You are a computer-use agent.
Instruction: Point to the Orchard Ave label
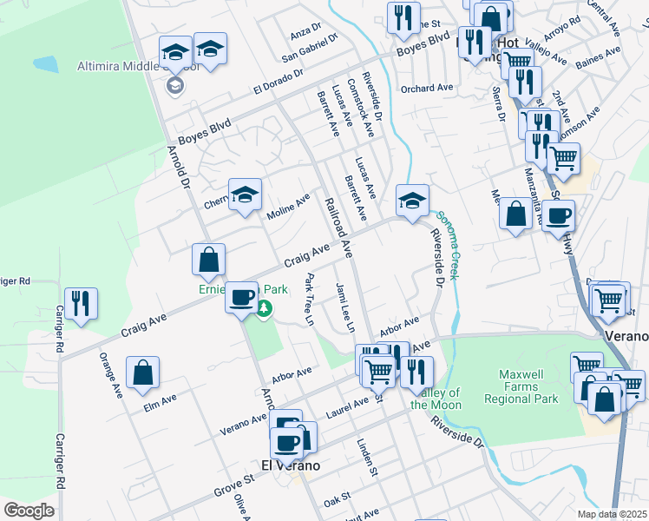pyautogui.click(x=427, y=88)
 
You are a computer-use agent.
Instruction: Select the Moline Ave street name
pyautogui.click(x=289, y=206)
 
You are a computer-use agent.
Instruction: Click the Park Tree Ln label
pyautogui.click(x=308, y=300)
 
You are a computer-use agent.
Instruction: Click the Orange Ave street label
pyautogui.click(x=112, y=374)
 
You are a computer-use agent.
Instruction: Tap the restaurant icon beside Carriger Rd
pyautogui.click(x=81, y=304)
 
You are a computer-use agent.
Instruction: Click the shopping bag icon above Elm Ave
pyautogui.click(x=142, y=373)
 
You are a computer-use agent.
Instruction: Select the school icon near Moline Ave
pyautogui.click(x=246, y=194)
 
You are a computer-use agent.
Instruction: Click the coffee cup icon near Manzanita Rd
pyautogui.click(x=560, y=215)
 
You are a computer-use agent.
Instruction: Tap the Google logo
pyautogui.click(x=29, y=510)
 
